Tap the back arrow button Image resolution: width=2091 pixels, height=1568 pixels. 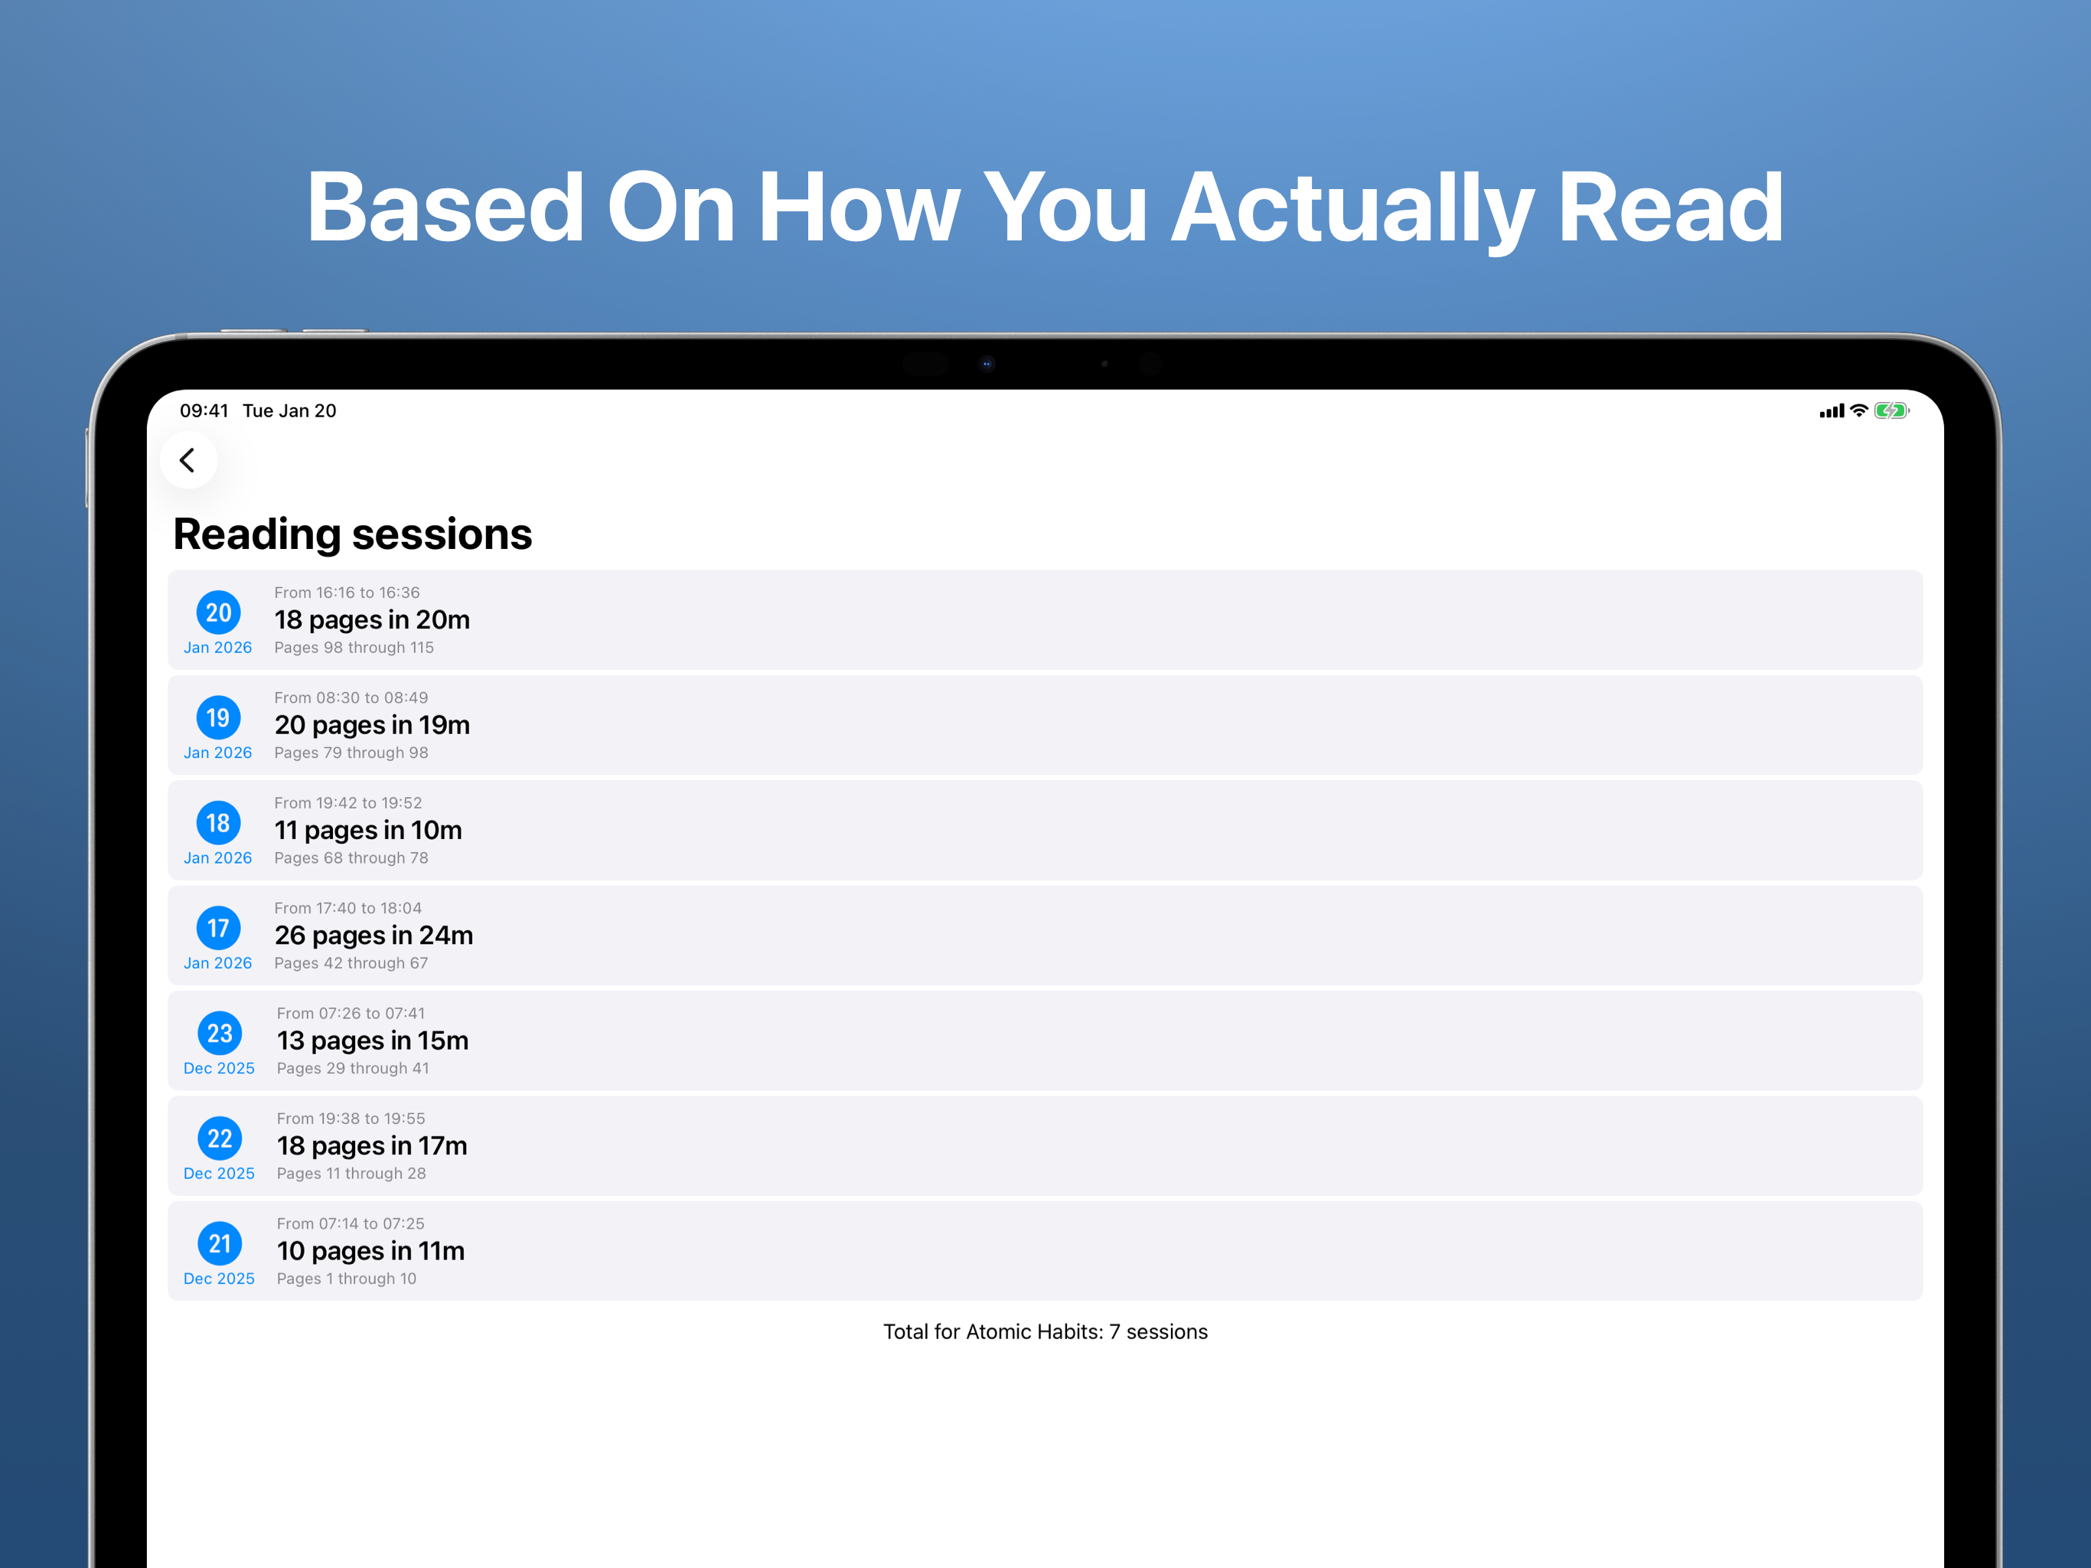tap(189, 461)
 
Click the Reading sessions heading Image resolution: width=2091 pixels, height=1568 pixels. tap(353, 535)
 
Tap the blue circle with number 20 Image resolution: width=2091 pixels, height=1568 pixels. tap(218, 612)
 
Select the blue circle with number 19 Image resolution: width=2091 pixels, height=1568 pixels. tap(218, 718)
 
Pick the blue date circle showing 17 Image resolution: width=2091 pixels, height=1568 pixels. tap(218, 928)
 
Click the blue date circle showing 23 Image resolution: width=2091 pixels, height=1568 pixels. tap(220, 1033)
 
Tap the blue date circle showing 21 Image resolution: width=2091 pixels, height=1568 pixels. tap(220, 1243)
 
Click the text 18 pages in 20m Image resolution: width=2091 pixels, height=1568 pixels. tap(373, 620)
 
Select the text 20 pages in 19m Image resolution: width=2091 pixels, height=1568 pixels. tap(373, 725)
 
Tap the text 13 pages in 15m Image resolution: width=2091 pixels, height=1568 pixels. tap(373, 1040)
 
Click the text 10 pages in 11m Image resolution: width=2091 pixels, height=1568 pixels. tap(370, 1251)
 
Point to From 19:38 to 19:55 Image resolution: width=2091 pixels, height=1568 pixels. tap(351, 1119)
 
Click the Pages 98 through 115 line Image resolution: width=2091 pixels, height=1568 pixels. tap(354, 648)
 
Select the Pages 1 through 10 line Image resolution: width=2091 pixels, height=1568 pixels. tap(347, 1279)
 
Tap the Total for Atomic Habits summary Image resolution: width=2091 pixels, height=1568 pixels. tap(1045, 1331)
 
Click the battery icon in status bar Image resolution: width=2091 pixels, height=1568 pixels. tap(1891, 410)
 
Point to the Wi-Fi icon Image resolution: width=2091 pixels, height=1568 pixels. tap(1858, 410)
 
